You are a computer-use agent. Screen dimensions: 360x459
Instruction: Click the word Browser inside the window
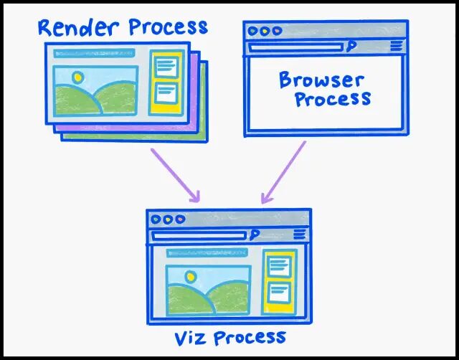(321, 79)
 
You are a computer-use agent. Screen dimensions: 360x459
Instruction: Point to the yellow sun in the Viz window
(189, 276)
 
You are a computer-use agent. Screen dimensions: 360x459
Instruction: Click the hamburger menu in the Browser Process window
(397, 47)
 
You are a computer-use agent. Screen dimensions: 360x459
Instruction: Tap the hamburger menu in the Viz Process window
(299, 235)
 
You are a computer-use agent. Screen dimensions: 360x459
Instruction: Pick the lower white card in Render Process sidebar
(166, 92)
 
